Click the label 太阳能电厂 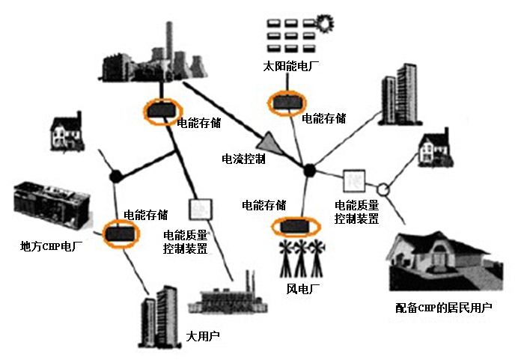click(x=287, y=67)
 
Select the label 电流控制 click(x=243, y=159)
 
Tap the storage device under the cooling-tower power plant click(x=159, y=112)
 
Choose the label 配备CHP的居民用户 click(x=444, y=308)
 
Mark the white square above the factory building click(x=199, y=207)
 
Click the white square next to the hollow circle click(x=353, y=180)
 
